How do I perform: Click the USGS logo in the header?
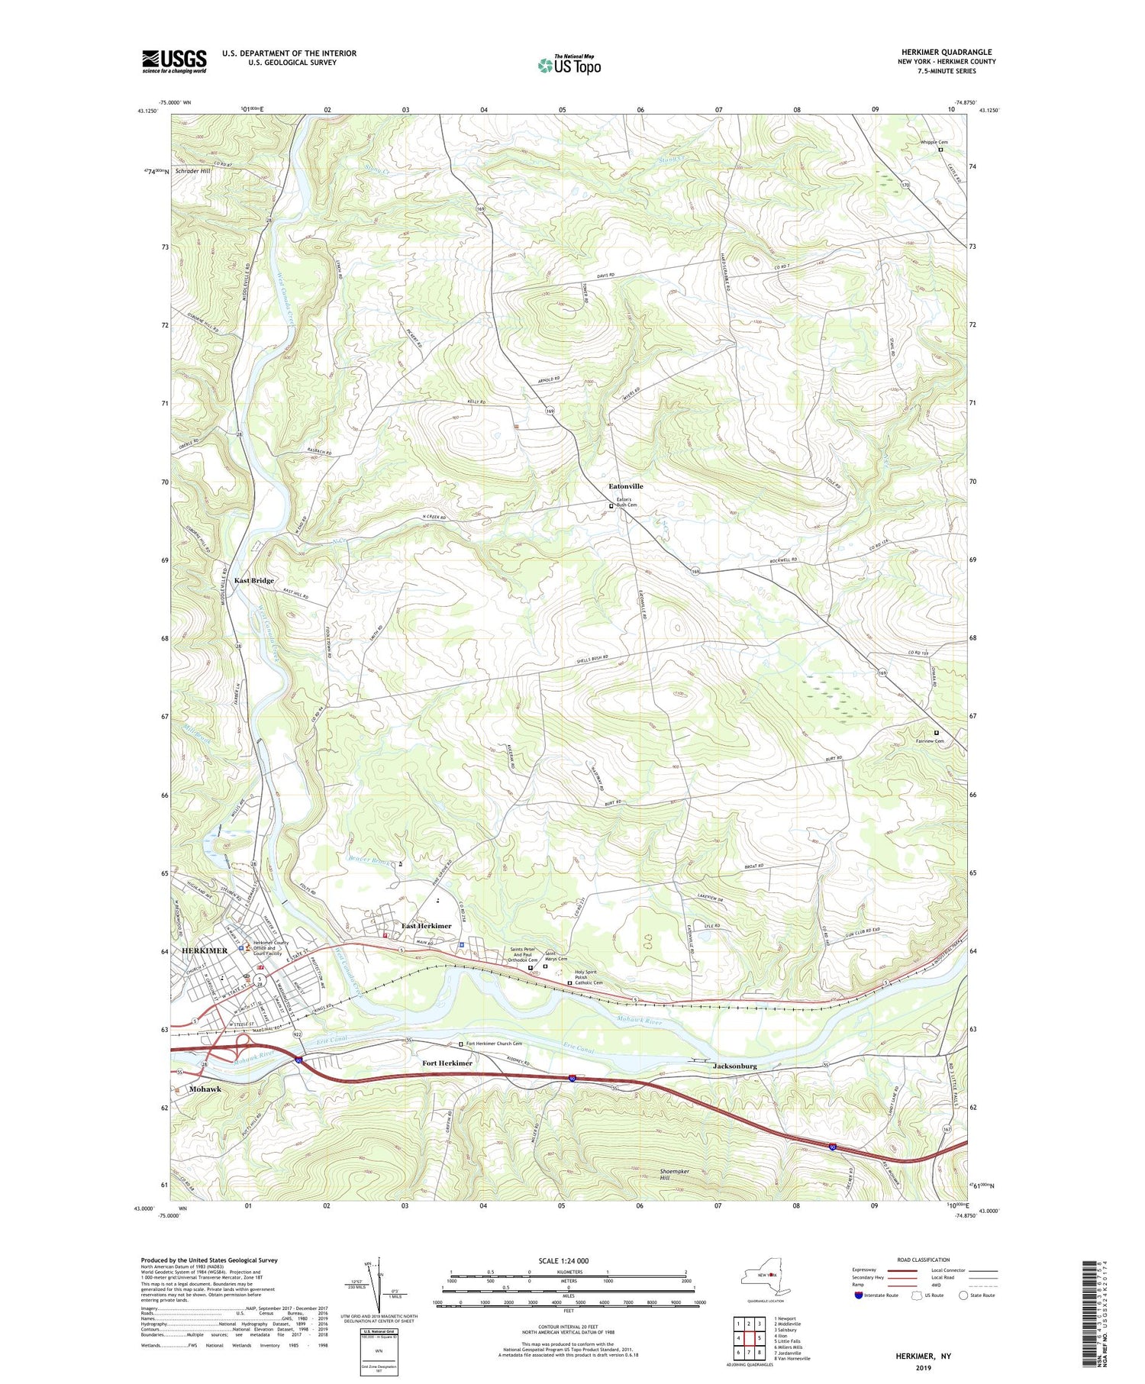[174, 61]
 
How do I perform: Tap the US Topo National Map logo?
[569, 65]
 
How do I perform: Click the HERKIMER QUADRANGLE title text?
[947, 52]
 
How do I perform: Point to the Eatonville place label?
[625, 486]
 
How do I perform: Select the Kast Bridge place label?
[254, 580]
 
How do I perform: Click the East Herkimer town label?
[426, 926]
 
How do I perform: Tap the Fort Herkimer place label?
[447, 1063]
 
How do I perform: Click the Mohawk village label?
[205, 1089]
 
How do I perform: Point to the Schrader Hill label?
[192, 171]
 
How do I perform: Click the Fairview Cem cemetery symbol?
[937, 734]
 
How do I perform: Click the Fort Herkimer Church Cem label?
[494, 1044]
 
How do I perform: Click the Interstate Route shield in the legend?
[859, 1295]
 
